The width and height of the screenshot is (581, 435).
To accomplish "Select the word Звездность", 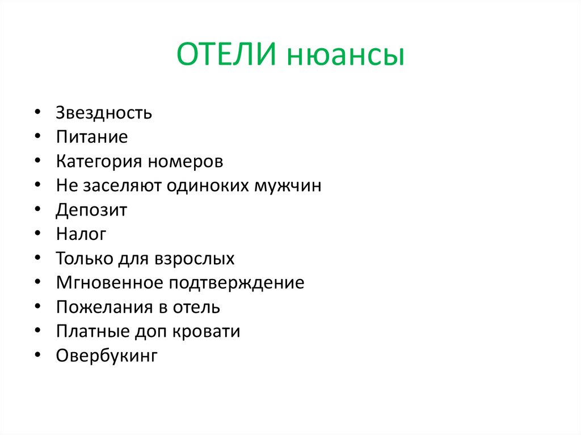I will click(104, 113).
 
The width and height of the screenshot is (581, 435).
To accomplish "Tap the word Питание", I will click(92, 137).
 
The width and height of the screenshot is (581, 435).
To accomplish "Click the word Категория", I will click(99, 162).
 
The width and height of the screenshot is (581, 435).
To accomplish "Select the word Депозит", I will click(91, 210).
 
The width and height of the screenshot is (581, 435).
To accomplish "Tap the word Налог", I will click(81, 234).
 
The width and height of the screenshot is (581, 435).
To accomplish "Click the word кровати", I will click(210, 332).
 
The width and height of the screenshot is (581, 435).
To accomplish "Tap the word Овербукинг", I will click(106, 356).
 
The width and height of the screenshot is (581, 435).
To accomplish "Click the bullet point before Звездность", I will click(37, 113).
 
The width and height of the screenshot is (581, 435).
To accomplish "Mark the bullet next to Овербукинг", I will click(37, 356).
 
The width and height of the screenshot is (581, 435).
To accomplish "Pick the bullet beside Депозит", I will click(37, 210).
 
